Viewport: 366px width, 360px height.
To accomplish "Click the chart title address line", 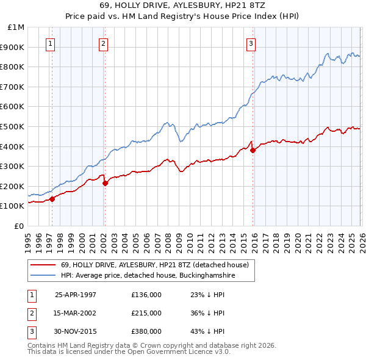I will coord(182,5).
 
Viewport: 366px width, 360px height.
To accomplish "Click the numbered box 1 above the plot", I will coord(49,43).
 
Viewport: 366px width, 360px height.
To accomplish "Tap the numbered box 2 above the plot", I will coord(103,43).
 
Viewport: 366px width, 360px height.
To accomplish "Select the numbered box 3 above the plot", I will coord(251,43).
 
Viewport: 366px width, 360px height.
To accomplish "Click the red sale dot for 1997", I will coord(52,198).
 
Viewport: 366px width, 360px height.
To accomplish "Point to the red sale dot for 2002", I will coord(105,182).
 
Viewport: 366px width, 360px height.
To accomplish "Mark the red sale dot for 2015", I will coord(253,150).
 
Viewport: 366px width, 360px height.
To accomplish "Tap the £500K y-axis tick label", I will coord(13,126).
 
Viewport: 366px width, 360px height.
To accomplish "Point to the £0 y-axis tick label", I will coord(19,226).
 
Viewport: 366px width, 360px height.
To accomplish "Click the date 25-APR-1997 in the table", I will coord(76,295).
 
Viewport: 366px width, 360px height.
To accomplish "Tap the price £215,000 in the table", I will coord(146,313).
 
